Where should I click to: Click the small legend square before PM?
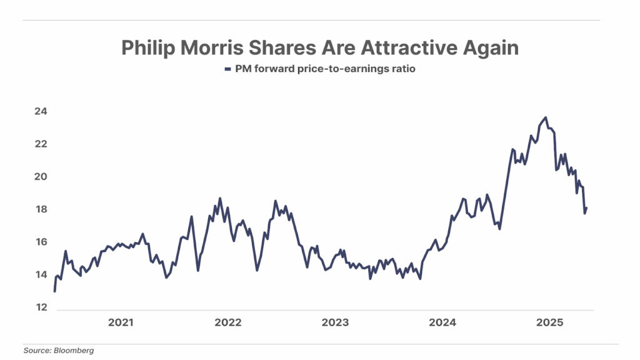pos(228,70)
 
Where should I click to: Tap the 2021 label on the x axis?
pos(121,323)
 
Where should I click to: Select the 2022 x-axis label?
pos(227,323)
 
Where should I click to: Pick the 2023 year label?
pos(335,323)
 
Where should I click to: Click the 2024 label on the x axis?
pos(442,323)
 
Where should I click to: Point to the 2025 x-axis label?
pos(550,323)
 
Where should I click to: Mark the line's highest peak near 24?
pos(546,117)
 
